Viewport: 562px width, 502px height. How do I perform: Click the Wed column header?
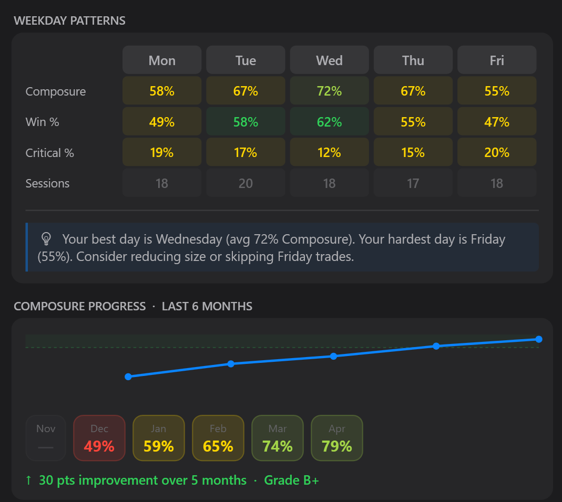click(x=329, y=60)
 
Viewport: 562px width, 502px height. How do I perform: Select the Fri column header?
click(x=497, y=60)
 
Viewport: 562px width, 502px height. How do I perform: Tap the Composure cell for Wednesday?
click(x=329, y=91)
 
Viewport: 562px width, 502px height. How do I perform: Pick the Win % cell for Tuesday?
click(x=246, y=122)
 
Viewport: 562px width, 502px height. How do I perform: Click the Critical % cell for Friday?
click(x=497, y=152)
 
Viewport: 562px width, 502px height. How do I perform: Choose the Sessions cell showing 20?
click(x=246, y=183)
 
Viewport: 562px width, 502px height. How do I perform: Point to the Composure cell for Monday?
click(x=162, y=91)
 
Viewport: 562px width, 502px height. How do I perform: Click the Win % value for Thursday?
click(x=413, y=122)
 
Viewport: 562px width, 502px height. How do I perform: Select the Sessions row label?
click(x=47, y=183)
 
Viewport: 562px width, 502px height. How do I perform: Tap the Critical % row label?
click(x=50, y=153)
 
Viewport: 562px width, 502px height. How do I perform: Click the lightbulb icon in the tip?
click(x=46, y=239)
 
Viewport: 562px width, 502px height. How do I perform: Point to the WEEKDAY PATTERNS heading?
click(x=69, y=21)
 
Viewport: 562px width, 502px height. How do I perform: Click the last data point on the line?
click(x=538, y=339)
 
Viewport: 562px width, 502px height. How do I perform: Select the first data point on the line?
click(x=128, y=376)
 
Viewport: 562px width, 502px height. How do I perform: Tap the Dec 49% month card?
click(x=99, y=438)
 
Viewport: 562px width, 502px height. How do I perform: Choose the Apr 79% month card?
click(x=337, y=438)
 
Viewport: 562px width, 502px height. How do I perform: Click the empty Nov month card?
click(x=46, y=438)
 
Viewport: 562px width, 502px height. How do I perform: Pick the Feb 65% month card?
click(x=218, y=438)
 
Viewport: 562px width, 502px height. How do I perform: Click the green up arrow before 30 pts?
click(x=28, y=480)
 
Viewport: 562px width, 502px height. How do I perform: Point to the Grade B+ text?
click(x=291, y=480)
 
